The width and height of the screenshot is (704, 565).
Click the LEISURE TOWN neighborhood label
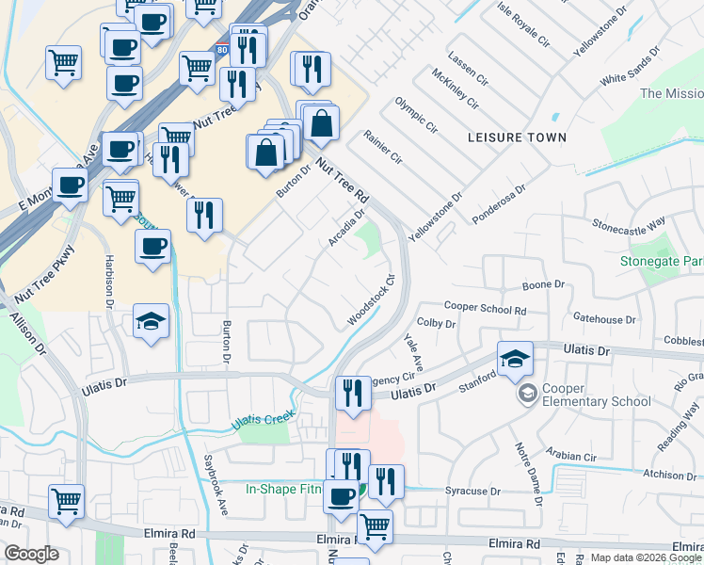pyautogui.click(x=517, y=137)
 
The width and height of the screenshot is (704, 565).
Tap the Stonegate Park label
pyautogui.click(x=661, y=260)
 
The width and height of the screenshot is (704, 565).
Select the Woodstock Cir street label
pyautogui.click(x=369, y=300)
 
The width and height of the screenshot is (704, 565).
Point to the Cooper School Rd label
pyautogui.click(x=485, y=309)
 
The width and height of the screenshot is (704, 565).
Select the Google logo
pyautogui.click(x=30, y=554)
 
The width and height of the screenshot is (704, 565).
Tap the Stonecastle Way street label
pyautogui.click(x=629, y=224)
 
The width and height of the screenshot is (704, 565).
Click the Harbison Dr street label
pyautogui.click(x=107, y=280)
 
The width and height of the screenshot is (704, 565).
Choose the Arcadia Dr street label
pyautogui.click(x=346, y=229)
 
